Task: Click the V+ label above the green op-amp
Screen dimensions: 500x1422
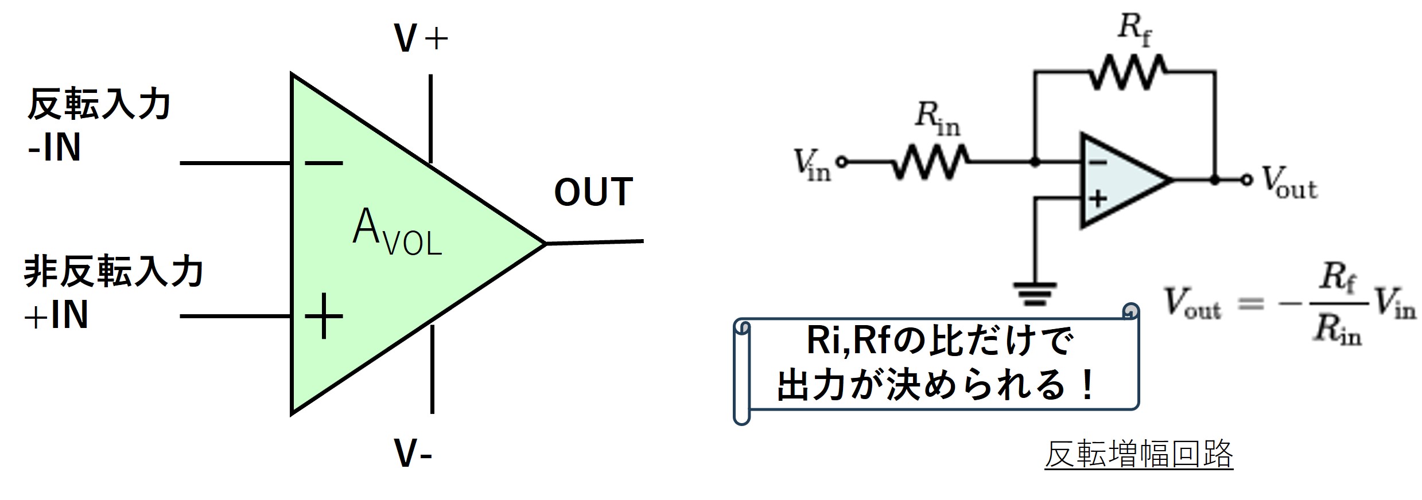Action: pos(421,39)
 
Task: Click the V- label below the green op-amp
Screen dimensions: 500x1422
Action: pos(413,453)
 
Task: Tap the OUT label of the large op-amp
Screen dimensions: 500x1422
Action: pos(593,192)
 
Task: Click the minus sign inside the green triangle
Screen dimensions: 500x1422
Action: pos(324,163)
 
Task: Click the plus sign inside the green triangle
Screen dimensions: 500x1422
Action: pos(324,316)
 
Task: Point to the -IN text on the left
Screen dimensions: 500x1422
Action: pos(55,148)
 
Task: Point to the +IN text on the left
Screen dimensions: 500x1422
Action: pos(56,315)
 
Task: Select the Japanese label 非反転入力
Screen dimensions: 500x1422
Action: pos(113,272)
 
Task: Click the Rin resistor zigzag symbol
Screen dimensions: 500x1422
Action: pos(930,162)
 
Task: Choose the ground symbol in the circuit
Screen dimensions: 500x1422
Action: pos(1035,292)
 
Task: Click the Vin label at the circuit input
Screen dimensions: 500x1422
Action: pos(812,165)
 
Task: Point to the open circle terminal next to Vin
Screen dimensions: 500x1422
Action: pos(841,162)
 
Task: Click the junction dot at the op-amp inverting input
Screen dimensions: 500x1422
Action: pos(1035,162)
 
